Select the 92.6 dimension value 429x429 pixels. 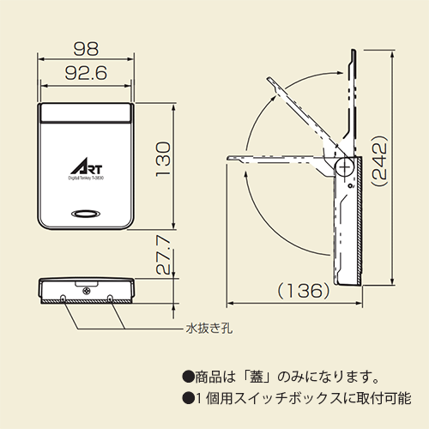pos(86,75)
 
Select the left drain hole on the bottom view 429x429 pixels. pos(66,297)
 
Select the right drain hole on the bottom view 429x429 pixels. pos(111,297)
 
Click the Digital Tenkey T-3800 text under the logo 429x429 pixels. pos(86,178)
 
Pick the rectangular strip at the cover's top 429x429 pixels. pos(86,112)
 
